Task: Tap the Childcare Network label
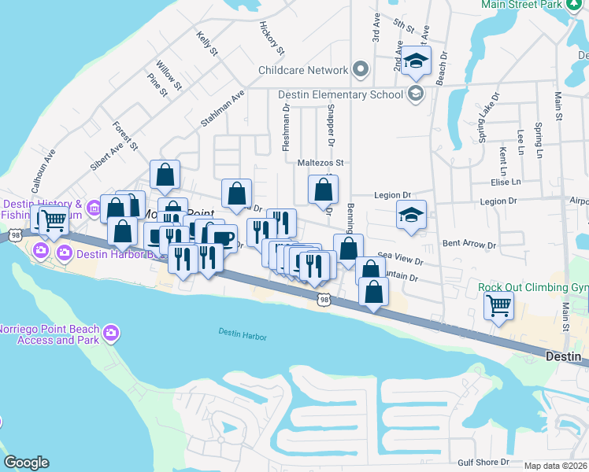point(303,70)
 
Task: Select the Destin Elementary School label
point(342,94)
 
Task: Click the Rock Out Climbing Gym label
point(533,287)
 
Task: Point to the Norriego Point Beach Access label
point(50,334)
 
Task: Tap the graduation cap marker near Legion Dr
point(411,216)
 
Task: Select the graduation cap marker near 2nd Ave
point(416,61)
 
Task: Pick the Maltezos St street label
point(321,163)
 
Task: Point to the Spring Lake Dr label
point(488,118)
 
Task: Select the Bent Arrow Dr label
point(469,245)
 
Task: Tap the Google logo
point(26,463)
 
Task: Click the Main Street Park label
point(523,4)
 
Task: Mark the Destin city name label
point(563,357)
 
